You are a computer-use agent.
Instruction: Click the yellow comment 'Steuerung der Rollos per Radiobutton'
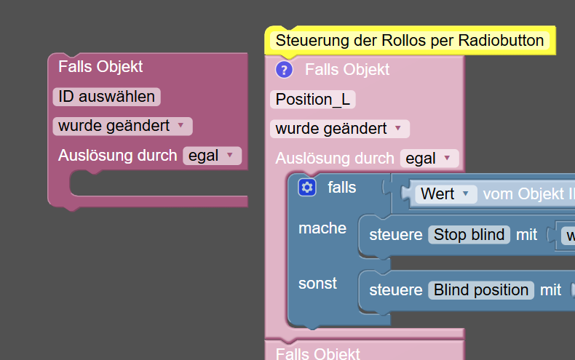click(x=410, y=41)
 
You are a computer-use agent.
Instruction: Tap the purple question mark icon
click(x=284, y=70)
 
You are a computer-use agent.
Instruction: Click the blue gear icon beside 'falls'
click(x=307, y=188)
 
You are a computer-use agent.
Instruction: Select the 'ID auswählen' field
click(x=106, y=97)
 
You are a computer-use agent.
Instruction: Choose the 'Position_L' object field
click(x=312, y=100)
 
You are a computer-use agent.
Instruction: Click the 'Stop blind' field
click(x=468, y=235)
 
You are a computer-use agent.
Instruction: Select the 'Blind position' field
click(x=481, y=290)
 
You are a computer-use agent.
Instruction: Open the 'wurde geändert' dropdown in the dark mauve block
click(x=122, y=126)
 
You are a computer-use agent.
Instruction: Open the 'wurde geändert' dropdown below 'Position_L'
click(x=339, y=129)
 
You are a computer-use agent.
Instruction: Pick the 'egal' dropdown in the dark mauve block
click(x=211, y=155)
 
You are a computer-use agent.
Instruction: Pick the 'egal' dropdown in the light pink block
click(x=429, y=158)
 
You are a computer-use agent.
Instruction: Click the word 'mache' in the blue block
click(x=322, y=228)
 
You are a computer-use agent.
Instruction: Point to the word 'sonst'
click(x=318, y=284)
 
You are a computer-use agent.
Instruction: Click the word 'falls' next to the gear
click(x=342, y=188)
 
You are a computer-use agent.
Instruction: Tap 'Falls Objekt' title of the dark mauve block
click(x=100, y=67)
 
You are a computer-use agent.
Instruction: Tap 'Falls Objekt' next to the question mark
click(x=347, y=70)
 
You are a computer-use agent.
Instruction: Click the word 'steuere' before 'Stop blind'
click(x=396, y=235)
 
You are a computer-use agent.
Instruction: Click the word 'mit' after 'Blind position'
click(x=550, y=290)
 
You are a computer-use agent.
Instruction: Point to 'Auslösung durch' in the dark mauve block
click(x=117, y=155)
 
